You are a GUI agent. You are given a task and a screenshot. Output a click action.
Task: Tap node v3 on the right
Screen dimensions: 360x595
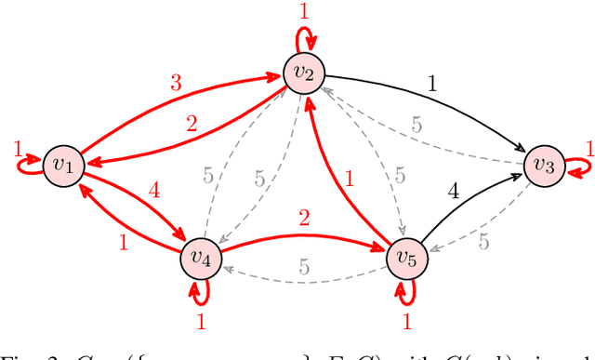point(543,166)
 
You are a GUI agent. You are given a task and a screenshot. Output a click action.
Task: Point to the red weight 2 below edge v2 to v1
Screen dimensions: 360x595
point(192,124)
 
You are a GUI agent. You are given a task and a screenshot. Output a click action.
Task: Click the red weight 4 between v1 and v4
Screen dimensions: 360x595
point(154,192)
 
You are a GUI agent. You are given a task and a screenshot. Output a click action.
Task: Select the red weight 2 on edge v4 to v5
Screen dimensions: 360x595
point(303,220)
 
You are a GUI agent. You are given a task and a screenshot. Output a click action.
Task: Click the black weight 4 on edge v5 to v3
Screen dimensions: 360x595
point(454,193)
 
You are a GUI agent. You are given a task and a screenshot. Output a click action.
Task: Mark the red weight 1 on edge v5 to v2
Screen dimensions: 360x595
point(349,179)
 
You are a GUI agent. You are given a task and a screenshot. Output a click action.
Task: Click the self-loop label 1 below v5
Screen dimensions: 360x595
point(406,320)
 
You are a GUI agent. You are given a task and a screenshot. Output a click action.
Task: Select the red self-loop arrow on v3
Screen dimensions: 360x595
point(576,167)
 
